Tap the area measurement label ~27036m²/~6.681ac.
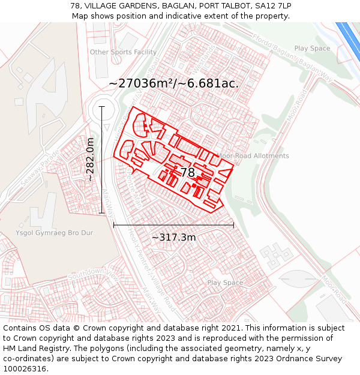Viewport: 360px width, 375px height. pyautogui.click(x=174, y=83)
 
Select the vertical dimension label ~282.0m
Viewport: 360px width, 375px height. pyautogui.click(x=90, y=160)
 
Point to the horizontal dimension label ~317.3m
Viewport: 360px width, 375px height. pyautogui.click(x=173, y=237)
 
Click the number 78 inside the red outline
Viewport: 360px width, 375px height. pyautogui.click(x=188, y=172)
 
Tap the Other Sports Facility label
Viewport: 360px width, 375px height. pyautogui.click(x=123, y=52)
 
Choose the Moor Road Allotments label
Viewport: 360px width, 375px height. pyautogui.click(x=253, y=156)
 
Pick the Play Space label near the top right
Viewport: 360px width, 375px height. pyautogui.click(x=312, y=49)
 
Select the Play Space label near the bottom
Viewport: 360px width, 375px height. pyautogui.click(x=225, y=283)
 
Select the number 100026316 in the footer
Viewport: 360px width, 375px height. pyautogui.click(x=25, y=369)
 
